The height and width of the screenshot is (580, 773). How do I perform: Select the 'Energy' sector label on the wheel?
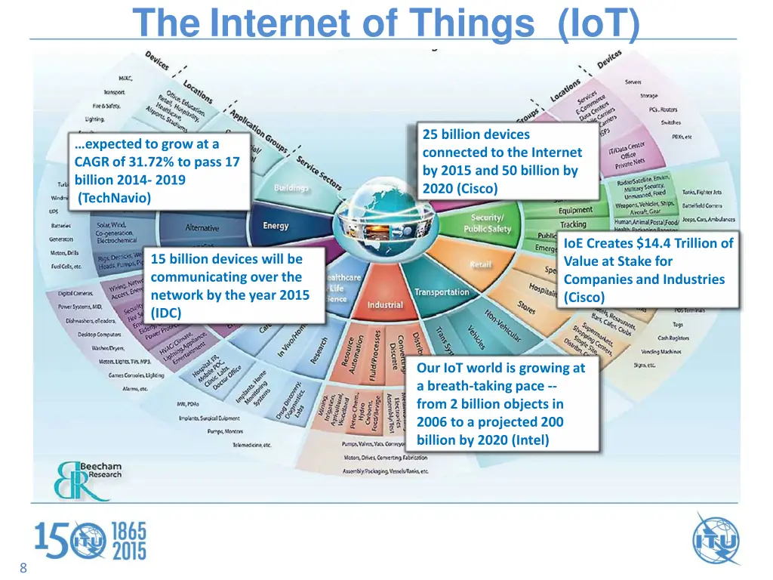pyautogui.click(x=276, y=226)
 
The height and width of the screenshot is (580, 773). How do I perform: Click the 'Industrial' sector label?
pyautogui.click(x=385, y=305)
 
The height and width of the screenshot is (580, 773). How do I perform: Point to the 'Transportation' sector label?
pyautogui.click(x=442, y=292)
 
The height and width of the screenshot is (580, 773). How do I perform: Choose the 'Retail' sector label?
pyautogui.click(x=481, y=264)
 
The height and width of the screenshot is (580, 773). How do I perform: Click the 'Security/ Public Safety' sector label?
pyautogui.click(x=487, y=224)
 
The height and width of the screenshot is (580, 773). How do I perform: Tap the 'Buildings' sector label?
pyautogui.click(x=291, y=187)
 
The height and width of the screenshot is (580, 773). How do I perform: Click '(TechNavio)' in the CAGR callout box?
pyautogui.click(x=115, y=198)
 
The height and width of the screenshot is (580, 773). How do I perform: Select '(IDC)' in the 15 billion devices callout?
pyautogui.click(x=166, y=313)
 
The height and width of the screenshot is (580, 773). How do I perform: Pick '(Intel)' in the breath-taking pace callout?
pyautogui.click(x=528, y=440)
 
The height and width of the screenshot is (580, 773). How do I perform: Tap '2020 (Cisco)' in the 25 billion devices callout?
pyautogui.click(x=460, y=189)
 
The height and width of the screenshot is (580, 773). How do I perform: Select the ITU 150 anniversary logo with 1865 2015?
pyautogui.click(x=91, y=541)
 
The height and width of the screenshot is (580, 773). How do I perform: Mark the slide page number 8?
pyautogui.click(x=23, y=569)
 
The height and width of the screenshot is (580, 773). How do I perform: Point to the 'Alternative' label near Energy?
pyautogui.click(x=202, y=228)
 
